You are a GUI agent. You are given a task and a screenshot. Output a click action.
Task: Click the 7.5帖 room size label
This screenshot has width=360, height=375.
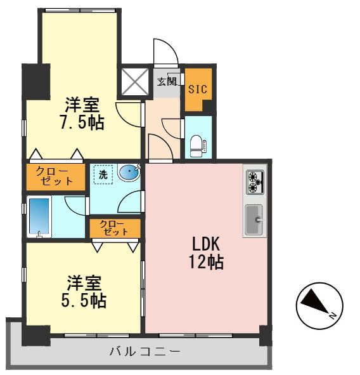pos(82,123)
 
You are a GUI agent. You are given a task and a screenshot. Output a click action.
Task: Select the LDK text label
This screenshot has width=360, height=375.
pos(207,243)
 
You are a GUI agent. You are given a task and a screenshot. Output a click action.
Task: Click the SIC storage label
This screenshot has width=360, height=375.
pos(197,89)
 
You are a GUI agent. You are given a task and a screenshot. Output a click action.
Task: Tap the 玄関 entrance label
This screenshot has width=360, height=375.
pos(167,81)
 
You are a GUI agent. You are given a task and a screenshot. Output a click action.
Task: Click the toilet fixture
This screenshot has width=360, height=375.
pos(197,145)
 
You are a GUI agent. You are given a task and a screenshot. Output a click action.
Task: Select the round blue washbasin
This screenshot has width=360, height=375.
pos(128,172)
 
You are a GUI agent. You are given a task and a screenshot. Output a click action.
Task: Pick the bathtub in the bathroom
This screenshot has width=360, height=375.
pos(40,217)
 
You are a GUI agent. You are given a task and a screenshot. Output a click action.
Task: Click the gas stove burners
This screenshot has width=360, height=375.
pos(255,183)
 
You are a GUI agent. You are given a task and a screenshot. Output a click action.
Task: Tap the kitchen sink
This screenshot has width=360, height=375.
pos(255,220)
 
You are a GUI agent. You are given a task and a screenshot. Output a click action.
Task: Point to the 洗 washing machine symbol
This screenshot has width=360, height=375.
pos(103,173)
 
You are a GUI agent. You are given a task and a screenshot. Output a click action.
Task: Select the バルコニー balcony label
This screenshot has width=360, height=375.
pos(145,351)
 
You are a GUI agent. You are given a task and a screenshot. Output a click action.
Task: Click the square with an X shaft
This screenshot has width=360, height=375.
pos(134,81)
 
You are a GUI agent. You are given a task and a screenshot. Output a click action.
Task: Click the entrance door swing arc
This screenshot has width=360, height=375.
pos(164,50)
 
